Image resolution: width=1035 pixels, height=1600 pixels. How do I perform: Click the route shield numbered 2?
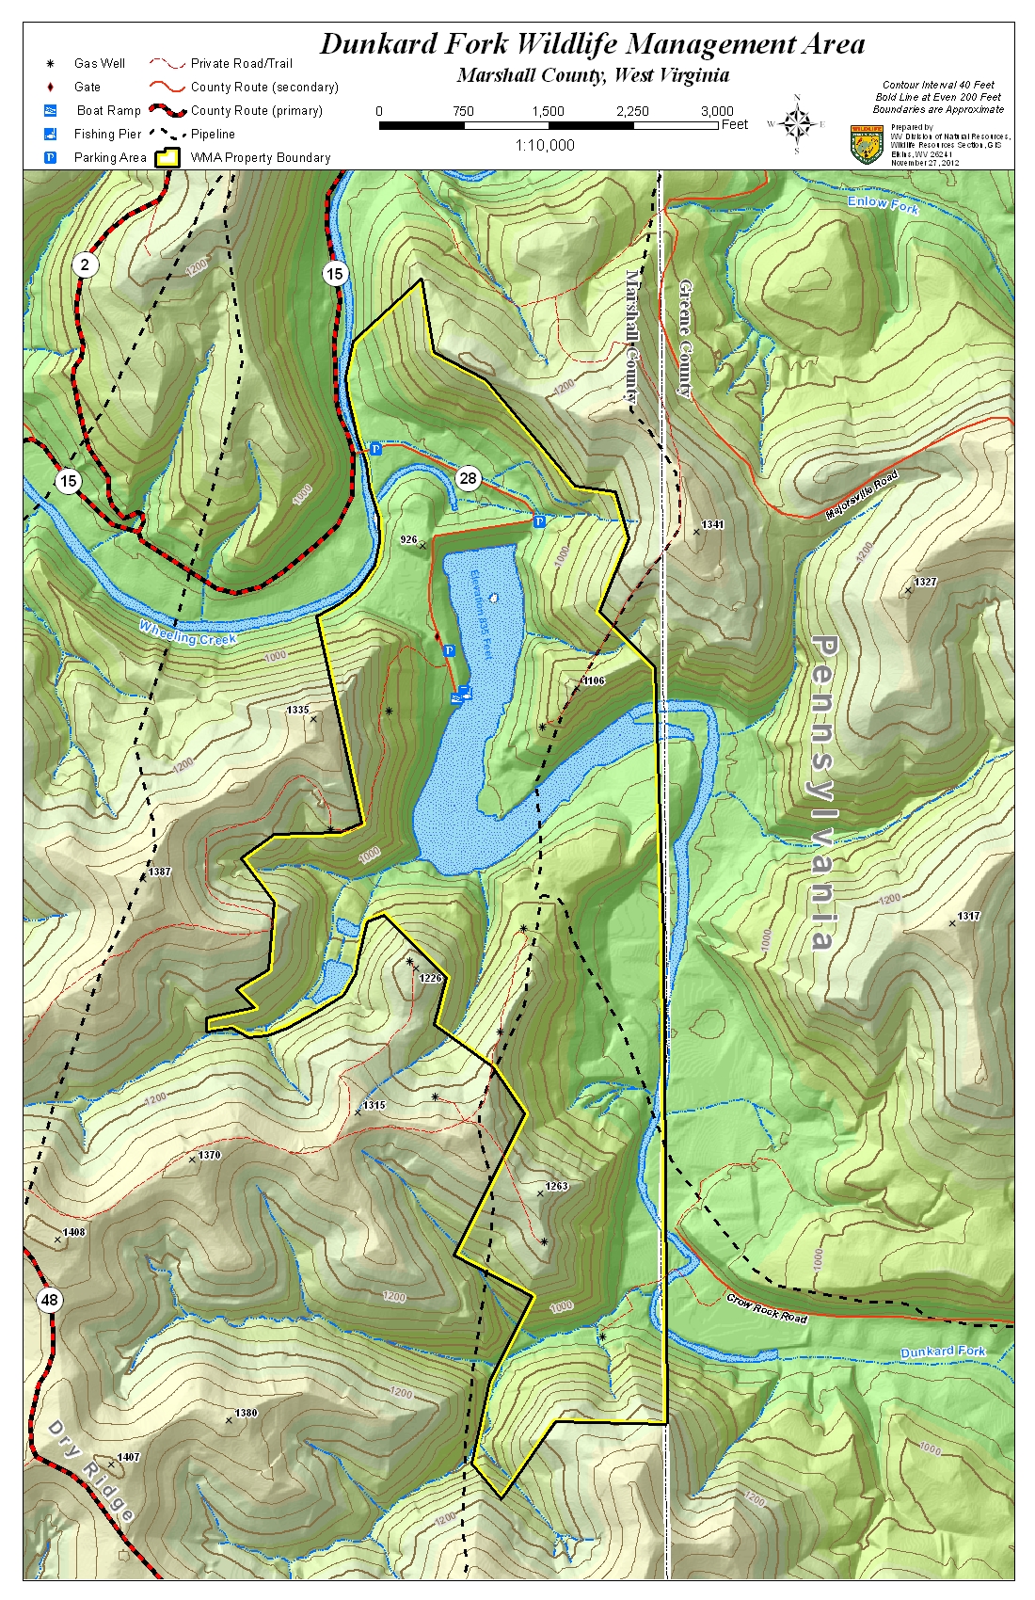85,264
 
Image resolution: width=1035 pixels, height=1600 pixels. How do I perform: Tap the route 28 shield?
468,478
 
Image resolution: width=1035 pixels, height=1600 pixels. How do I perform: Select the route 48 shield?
49,1301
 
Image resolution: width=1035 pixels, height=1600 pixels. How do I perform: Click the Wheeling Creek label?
187,632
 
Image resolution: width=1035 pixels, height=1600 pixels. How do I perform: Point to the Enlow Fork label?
882,203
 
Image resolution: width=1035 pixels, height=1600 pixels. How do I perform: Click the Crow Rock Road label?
766,1308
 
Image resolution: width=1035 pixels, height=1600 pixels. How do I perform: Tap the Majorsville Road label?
862,494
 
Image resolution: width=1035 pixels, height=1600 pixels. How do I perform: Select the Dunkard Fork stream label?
942,1352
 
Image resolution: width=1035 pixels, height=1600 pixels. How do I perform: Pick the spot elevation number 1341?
712,524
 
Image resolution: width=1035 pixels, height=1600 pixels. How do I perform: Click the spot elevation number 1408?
73,1232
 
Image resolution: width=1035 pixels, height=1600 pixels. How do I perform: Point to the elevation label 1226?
430,978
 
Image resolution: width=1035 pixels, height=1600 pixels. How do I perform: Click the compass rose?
797,123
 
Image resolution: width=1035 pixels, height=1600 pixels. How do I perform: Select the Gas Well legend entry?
99,63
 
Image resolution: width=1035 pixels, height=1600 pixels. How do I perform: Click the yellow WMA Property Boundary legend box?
167,157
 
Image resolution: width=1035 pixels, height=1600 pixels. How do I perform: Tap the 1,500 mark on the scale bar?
548,111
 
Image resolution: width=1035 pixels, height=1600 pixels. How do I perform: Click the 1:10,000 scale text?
545,145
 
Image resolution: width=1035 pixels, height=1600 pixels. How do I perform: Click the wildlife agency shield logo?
866,145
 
